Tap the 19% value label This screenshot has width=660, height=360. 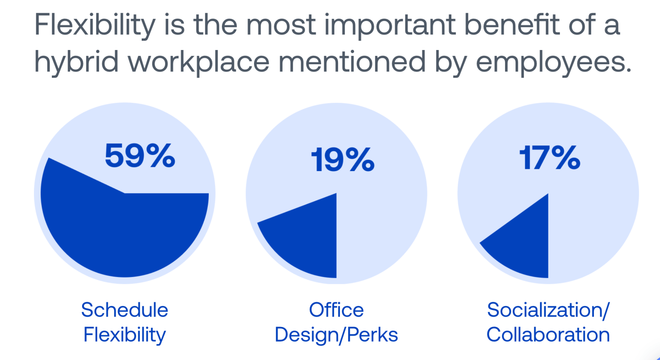click(342, 160)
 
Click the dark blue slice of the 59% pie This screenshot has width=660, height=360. click(124, 234)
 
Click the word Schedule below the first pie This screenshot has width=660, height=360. click(125, 310)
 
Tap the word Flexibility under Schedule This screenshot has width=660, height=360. click(125, 335)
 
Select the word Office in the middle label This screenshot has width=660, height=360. click(336, 310)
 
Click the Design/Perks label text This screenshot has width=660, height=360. click(336, 335)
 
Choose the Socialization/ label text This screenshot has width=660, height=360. click(548, 310)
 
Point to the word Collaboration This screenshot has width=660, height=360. click(548, 335)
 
